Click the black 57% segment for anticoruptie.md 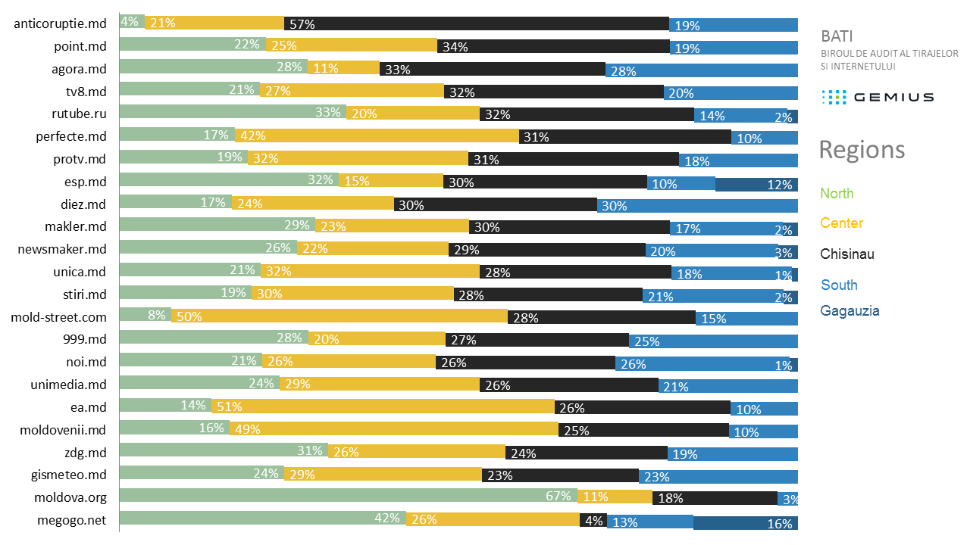pos(476,23)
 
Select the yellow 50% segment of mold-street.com pos(339,316)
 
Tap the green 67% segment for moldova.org pos(348,497)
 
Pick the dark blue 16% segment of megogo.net pos(746,522)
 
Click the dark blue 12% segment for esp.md pos(756,184)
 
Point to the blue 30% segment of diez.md pos(697,206)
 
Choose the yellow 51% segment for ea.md pos(383,406)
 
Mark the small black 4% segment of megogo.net pos(593,520)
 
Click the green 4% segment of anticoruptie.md pos(132,21)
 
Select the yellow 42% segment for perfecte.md pos(377,136)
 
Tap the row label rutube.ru pos(78,114)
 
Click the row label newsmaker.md pos(62,249)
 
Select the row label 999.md pos(86,339)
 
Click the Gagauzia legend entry pos(850,311)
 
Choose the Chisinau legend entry pos(847,254)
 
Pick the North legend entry pos(837,194)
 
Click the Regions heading pos(862,150)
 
